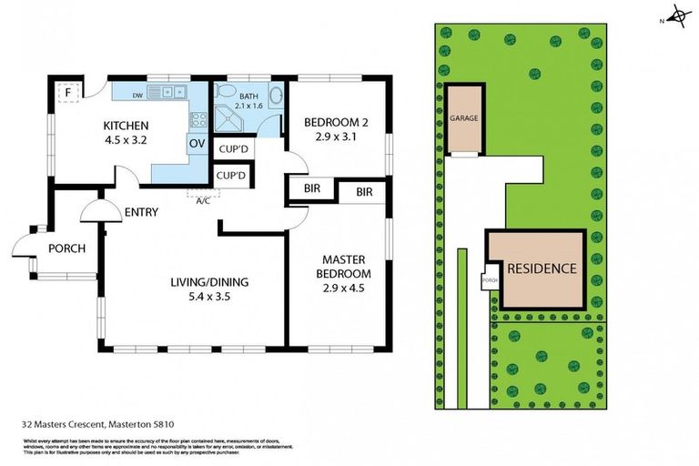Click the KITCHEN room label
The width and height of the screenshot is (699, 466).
coord(126,125)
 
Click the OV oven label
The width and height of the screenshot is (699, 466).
coord(196,143)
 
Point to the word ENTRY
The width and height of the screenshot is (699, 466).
coord(142,212)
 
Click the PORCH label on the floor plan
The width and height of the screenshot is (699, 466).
coord(66,248)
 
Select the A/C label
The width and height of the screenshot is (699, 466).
coord(202,200)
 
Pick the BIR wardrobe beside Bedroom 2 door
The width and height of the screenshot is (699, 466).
coord(310,192)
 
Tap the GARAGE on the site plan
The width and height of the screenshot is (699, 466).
coord(463,118)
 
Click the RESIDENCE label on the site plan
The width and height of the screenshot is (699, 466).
coord(542,268)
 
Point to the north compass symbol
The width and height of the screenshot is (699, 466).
coord(677,15)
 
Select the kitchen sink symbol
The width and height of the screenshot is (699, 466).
coord(169,92)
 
